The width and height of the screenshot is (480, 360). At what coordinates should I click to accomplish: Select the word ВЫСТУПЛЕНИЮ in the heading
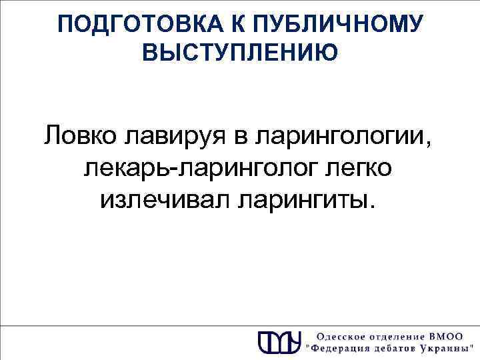point(240,52)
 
